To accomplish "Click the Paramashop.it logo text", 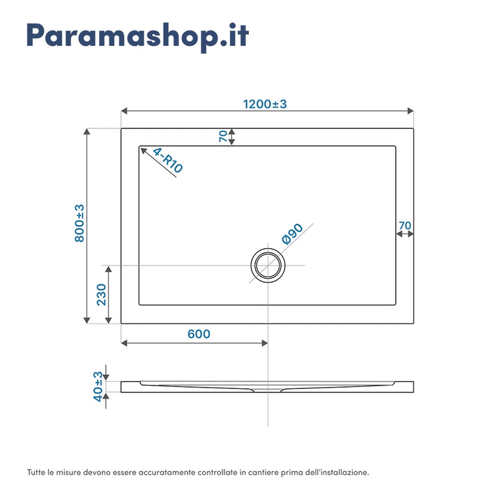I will coord(137,36).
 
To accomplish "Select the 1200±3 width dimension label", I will coord(265,104).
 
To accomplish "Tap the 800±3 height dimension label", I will coord(79,223).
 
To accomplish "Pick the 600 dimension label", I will coord(199,334).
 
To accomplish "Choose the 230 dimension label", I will coord(101,294).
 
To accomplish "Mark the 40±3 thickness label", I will coord(98,384).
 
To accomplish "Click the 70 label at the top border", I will coord(223,137).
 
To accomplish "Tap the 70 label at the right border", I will coord(404,225).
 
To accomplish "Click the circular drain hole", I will coord(268,266).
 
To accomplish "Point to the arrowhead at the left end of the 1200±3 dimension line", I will coord(124,111).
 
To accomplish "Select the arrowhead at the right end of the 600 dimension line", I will coord(264,343).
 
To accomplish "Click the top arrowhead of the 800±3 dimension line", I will coord(87,131).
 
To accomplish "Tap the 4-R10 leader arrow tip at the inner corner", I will coord(142,148).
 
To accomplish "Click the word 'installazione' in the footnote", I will coord(342,472).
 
